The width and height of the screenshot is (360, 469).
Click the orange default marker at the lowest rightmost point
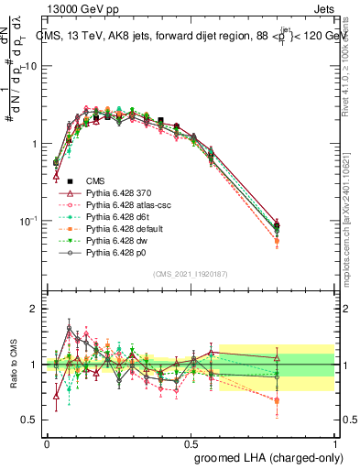click(278, 242)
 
